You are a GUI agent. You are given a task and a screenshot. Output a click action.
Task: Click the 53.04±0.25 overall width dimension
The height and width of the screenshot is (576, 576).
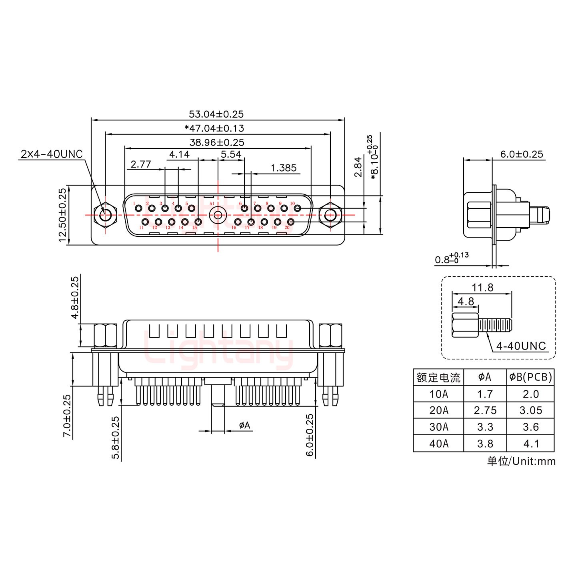(216, 114)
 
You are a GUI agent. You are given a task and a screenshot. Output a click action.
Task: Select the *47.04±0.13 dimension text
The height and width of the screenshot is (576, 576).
(214, 128)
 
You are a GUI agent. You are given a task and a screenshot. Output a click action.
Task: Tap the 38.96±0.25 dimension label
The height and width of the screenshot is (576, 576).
(217, 142)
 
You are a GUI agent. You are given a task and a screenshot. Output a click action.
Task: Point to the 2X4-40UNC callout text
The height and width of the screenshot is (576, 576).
(51, 154)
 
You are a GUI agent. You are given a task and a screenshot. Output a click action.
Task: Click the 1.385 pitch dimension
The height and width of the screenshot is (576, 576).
(283, 168)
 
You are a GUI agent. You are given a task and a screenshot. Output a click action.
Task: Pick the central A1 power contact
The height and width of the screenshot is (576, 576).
(218, 215)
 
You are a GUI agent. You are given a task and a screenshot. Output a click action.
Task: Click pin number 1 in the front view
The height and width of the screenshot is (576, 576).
(138, 208)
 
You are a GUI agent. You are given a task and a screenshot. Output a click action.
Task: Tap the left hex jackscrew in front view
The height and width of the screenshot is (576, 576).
(105, 215)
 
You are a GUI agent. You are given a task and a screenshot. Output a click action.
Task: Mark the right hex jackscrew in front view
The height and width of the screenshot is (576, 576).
(330, 215)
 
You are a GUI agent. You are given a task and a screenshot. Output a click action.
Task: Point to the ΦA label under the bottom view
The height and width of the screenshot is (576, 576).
(244, 425)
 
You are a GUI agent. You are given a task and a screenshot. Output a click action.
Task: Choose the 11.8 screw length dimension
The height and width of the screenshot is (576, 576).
(482, 287)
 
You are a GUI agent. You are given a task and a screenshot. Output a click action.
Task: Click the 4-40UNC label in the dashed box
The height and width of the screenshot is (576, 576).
(521, 346)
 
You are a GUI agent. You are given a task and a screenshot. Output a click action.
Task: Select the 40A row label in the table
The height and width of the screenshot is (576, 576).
(438, 444)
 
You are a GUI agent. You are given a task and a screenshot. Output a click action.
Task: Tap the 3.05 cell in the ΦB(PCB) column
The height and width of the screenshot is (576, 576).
(530, 410)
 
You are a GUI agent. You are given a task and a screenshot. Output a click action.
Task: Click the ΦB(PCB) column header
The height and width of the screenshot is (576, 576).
(530, 377)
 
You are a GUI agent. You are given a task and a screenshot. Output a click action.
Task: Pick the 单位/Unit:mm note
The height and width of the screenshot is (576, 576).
(521, 461)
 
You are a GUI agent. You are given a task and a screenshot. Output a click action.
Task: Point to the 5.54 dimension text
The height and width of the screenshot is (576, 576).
(231, 154)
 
